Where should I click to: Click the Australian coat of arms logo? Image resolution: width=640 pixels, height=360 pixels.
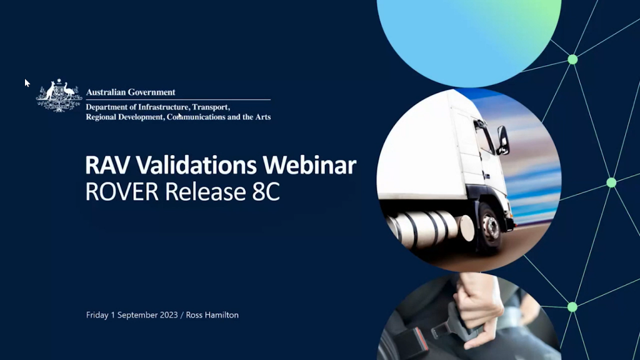[59, 96]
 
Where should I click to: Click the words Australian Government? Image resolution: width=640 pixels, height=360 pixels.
[131, 92]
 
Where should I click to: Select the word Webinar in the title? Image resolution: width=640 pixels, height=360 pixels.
[309, 165]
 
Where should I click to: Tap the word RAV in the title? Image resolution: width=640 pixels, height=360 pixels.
[107, 165]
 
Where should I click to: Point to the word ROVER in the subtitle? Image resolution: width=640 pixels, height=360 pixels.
[122, 191]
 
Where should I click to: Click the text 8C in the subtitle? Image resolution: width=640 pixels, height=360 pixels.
[266, 191]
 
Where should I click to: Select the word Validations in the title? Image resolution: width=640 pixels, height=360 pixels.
[196, 165]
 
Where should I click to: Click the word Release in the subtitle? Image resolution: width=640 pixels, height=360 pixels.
[205, 191]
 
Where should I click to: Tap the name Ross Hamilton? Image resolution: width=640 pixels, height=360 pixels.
[212, 315]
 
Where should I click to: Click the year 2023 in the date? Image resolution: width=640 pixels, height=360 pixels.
[169, 315]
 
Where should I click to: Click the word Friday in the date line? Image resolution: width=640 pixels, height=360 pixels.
[97, 316]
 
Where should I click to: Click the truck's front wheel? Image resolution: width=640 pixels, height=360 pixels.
[491, 226]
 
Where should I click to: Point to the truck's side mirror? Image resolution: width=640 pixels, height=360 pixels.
[503, 140]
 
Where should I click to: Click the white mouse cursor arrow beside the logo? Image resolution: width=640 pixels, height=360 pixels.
[27, 83]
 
